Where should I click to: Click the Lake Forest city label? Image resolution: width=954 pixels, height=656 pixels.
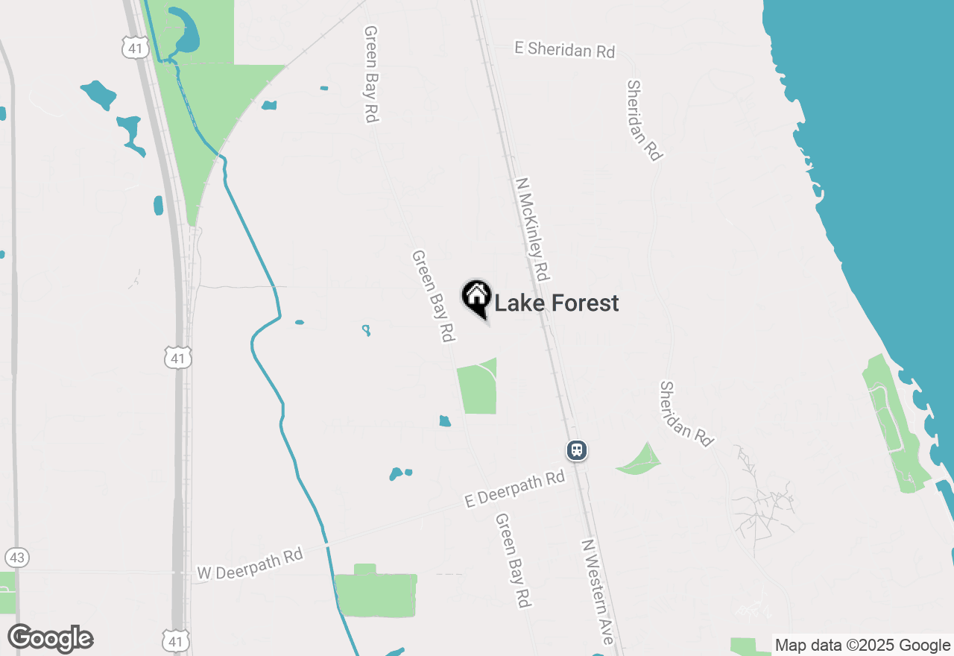click(x=556, y=303)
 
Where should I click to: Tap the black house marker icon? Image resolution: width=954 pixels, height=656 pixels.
click(x=476, y=298)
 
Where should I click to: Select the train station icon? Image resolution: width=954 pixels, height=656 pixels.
click(x=576, y=450)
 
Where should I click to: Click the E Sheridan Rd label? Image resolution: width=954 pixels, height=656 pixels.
click(x=565, y=50)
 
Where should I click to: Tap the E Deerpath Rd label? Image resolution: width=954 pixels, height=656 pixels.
click(x=514, y=489)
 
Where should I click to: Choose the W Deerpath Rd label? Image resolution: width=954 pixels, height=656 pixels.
click(x=250, y=563)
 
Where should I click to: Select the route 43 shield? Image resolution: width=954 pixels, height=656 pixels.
click(x=16, y=557)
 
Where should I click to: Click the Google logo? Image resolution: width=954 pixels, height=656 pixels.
click(x=51, y=638)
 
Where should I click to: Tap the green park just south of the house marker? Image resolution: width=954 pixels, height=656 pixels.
click(x=478, y=388)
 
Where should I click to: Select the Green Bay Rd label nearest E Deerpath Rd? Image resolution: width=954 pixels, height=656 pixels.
click(x=514, y=559)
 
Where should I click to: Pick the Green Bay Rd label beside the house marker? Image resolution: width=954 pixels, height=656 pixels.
click(x=433, y=296)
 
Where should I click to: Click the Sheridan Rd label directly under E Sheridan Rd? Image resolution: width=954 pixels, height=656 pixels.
click(x=644, y=120)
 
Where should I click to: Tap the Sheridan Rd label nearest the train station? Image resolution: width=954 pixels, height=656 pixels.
click(x=686, y=414)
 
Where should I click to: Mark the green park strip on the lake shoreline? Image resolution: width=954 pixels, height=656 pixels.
click(x=891, y=417)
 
